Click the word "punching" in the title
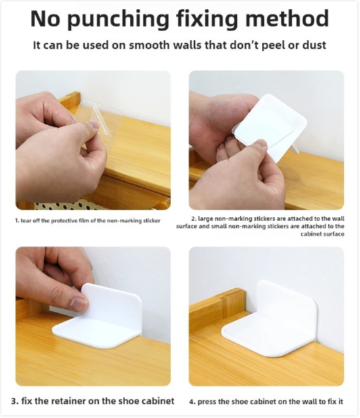(x=120, y=19)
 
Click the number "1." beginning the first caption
(x=17, y=220)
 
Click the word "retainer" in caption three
(x=70, y=400)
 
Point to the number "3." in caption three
(x=15, y=401)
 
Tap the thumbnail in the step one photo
(x=93, y=124)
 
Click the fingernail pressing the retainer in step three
(x=79, y=304)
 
